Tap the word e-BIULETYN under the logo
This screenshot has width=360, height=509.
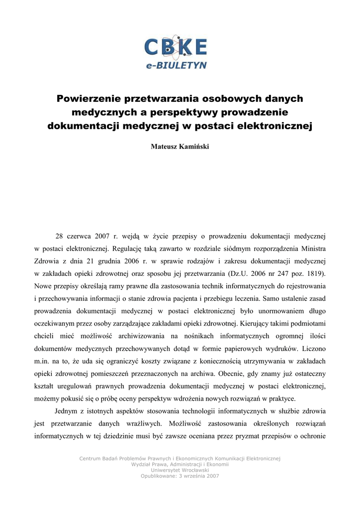(177, 65)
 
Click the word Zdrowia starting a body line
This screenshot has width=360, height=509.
(47, 260)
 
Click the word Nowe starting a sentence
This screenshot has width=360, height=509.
(44, 286)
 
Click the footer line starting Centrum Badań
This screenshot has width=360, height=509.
(180, 458)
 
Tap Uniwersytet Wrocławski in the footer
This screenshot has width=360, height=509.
(180, 470)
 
